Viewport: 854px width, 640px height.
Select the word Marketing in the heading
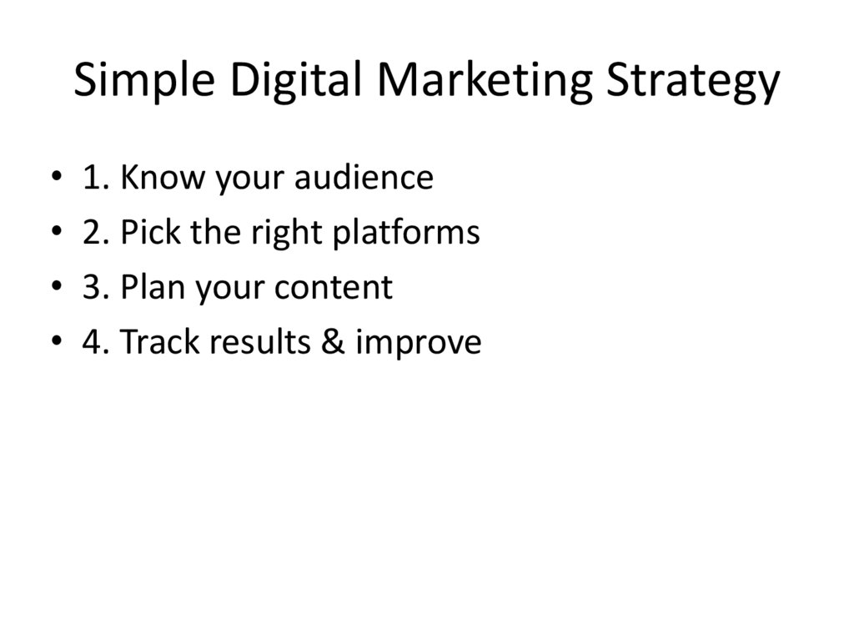tap(484, 83)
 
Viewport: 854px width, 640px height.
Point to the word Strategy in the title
tap(692, 83)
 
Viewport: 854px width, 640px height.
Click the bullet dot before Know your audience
tap(55, 178)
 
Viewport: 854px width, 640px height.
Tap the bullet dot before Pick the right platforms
tap(55, 233)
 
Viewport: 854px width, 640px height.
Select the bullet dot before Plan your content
tap(55, 288)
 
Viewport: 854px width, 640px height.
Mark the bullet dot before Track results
tap(55, 343)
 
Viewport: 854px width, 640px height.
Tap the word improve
tap(418, 343)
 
